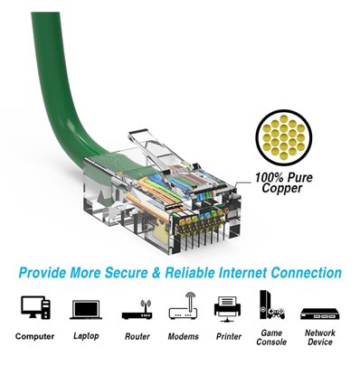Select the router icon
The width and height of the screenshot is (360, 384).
point(137,310)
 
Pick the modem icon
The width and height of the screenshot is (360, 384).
point(182,308)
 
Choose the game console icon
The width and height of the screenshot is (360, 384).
point(271,307)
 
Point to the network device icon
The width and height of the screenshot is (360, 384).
point(319,312)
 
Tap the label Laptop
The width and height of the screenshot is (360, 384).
point(85,336)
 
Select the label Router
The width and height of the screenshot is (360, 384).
point(137,336)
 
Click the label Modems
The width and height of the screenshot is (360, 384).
point(182,336)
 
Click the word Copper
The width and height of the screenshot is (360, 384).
point(281,190)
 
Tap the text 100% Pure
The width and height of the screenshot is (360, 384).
point(283,177)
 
